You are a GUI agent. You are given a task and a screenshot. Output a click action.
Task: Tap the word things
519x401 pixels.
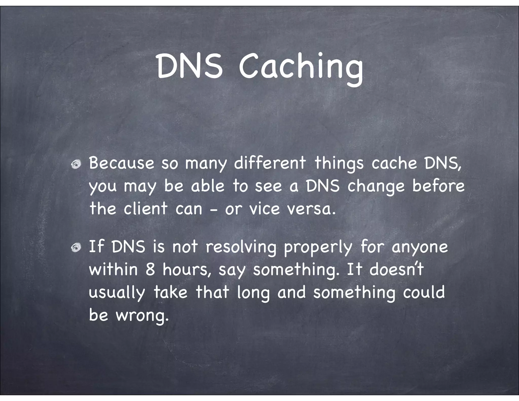tap(339, 164)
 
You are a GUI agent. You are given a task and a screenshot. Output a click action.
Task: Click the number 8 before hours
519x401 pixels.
tap(150, 269)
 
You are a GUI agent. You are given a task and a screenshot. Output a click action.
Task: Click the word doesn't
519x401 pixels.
tap(396, 269)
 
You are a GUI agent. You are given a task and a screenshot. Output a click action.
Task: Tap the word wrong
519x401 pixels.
tap(142, 316)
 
